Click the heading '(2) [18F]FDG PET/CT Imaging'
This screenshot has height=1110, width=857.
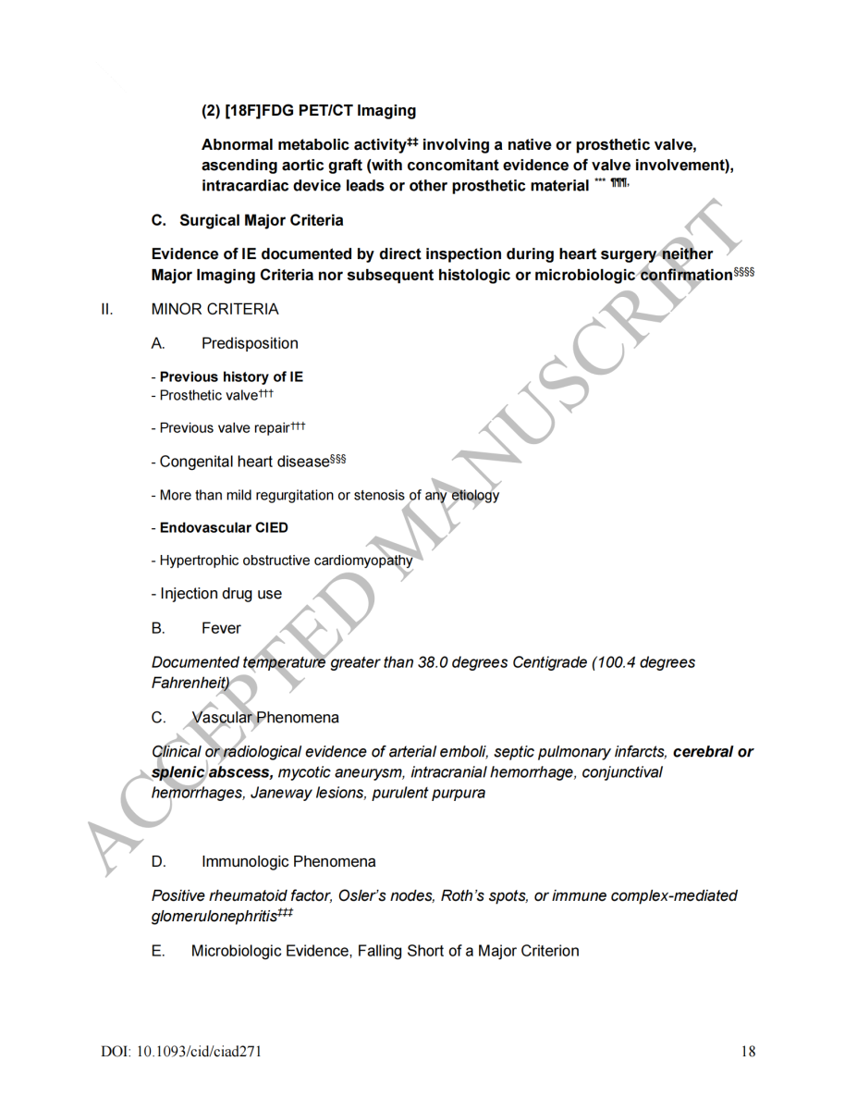coord(308,111)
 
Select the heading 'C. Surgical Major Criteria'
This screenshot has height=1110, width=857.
coord(247,220)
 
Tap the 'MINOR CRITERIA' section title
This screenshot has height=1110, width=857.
coord(214,309)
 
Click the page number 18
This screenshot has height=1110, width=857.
coord(748,1051)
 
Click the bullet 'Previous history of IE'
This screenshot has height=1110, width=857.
coord(231,376)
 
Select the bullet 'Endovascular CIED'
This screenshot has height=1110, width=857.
coord(224,527)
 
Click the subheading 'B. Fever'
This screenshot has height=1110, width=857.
coord(196,628)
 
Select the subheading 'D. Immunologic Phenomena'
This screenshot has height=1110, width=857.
coord(263,862)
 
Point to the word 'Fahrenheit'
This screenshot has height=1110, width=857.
coord(189,683)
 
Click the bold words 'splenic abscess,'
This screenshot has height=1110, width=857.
coord(212,772)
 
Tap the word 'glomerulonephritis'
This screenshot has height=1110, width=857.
coord(214,916)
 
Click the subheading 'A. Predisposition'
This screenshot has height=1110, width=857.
coord(225,343)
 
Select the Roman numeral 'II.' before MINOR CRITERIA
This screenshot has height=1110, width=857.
coord(107,309)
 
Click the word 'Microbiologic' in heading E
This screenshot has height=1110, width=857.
coord(237,951)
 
